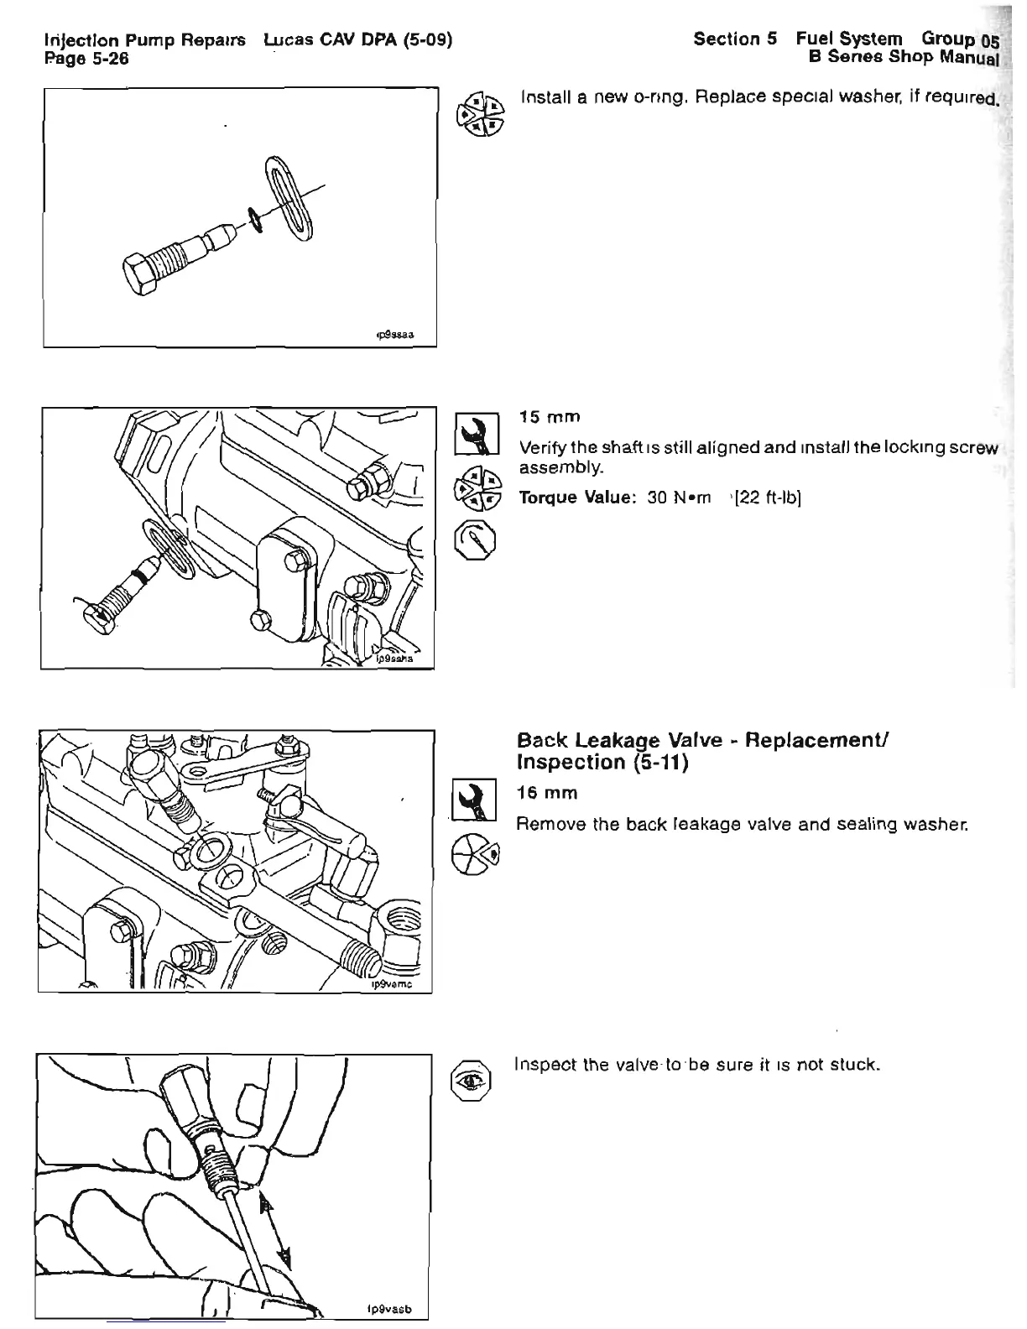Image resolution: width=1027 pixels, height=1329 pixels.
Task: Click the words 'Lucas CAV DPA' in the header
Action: [332, 39]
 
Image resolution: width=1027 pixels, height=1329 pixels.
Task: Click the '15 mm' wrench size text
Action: [550, 417]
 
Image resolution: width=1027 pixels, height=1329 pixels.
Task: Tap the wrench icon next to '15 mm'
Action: [476, 435]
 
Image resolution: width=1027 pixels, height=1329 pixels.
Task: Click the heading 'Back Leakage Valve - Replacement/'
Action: [702, 741]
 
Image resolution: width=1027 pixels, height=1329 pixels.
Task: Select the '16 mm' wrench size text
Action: [548, 793]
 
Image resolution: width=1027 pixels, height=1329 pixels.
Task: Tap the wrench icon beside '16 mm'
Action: [475, 800]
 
